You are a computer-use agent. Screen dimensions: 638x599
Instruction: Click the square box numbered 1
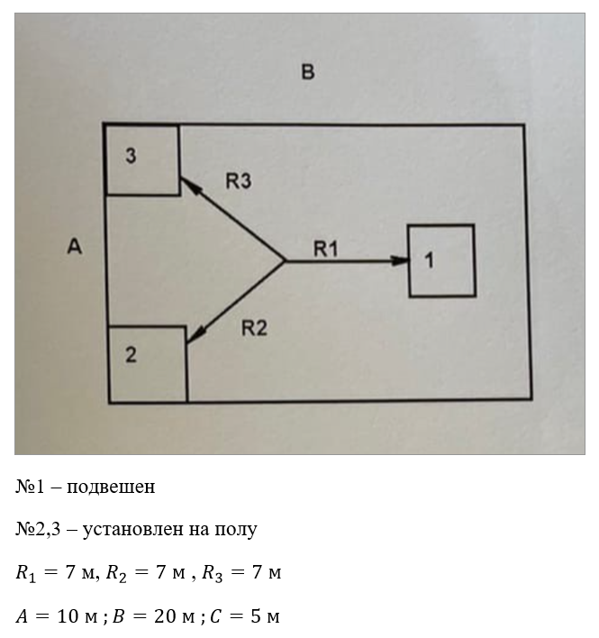coord(441,260)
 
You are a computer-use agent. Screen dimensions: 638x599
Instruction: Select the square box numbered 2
coord(147,363)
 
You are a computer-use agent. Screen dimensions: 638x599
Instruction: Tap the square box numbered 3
coord(141,159)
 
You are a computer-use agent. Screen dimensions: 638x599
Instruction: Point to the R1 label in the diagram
coord(325,249)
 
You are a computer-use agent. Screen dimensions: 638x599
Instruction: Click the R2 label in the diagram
coord(254,328)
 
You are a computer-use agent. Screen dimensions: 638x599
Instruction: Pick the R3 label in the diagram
coord(238,181)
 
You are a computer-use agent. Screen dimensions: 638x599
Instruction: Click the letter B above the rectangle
coord(308,72)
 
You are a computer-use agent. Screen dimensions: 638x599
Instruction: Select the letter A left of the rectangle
coord(75,245)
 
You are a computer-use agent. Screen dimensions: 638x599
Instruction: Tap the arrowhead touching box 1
coord(401,261)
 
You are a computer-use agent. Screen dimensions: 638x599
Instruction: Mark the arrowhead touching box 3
coord(187,184)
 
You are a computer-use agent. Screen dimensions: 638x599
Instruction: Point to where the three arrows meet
coord(286,261)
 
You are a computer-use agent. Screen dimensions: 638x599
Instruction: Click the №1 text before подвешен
coord(30,487)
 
